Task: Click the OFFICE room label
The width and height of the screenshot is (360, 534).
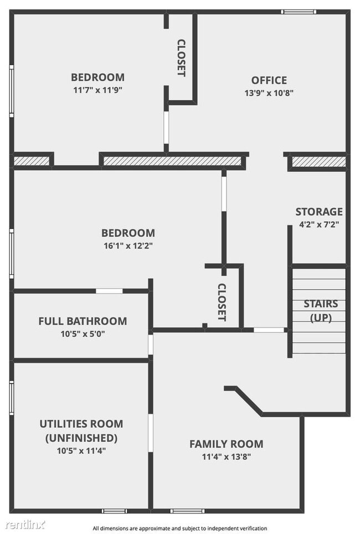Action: point(269,80)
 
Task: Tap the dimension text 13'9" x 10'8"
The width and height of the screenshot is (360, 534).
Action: point(269,93)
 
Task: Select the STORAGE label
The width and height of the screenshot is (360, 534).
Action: point(318,212)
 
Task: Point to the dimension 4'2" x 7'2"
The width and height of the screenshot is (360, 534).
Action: point(318,224)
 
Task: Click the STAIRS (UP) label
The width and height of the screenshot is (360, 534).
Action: point(320,311)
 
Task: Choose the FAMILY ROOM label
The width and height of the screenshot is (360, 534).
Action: point(226,444)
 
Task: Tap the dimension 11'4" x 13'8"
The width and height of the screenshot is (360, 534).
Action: point(226,457)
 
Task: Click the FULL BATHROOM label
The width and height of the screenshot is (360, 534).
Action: point(83,321)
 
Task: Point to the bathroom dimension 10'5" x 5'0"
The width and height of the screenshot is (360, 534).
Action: point(83,334)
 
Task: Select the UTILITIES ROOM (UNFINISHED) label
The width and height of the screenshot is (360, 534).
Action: point(81,431)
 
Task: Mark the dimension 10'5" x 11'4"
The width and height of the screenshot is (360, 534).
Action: point(81,450)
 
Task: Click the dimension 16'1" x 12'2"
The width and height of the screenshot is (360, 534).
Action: point(128,245)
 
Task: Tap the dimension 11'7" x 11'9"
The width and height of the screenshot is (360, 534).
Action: point(97,90)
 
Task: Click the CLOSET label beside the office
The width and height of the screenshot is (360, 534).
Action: point(181,58)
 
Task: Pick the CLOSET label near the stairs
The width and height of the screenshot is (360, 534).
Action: point(222,302)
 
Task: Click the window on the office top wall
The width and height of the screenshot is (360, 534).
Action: point(299,12)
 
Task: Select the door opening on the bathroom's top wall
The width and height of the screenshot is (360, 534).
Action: point(109,291)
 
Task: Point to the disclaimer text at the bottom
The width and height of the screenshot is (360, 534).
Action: point(179,528)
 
